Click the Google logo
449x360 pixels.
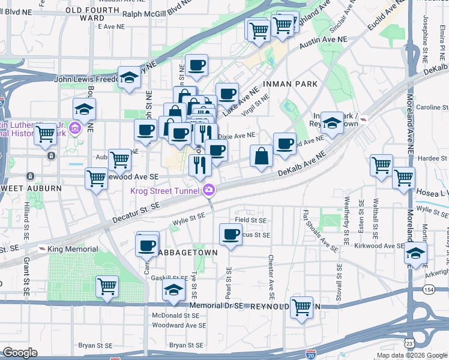coord(20,352)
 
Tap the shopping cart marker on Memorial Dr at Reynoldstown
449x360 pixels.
coord(302,307)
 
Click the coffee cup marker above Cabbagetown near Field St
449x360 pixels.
coord(230,234)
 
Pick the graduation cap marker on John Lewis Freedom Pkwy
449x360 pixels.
coord(130,77)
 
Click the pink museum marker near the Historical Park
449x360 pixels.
coord(74,128)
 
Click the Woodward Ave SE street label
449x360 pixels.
coord(175,325)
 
